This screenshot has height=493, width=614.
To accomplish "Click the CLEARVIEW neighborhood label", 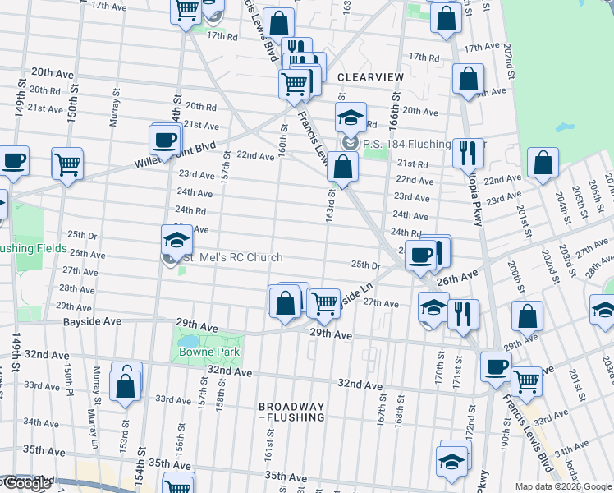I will pos(371,76).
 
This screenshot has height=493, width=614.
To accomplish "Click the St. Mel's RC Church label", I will pos(231,258).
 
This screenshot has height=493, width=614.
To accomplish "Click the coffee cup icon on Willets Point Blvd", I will pos(164,138).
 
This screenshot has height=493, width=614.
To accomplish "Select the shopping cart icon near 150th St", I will pos(66,163).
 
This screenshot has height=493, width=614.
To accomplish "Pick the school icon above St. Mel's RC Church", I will pos(176,240).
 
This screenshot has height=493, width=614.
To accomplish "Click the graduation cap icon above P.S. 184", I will pos(350,117).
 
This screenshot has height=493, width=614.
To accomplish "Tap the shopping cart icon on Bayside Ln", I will pos(325,302).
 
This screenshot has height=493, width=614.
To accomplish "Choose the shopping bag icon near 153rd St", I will pos(126,383).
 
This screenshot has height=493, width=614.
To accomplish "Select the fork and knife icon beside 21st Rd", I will pos(467,150).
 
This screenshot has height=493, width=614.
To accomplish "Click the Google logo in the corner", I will pos(26,483).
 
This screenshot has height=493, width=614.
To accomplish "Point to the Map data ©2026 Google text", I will pos(563,486).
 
